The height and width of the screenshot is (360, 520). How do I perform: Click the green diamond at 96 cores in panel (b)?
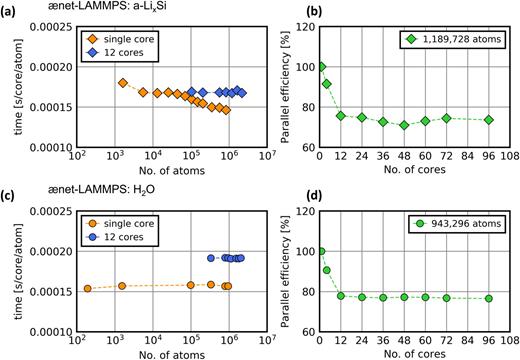click(488, 120)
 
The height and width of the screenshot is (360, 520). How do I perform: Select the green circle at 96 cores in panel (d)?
click(488, 298)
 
